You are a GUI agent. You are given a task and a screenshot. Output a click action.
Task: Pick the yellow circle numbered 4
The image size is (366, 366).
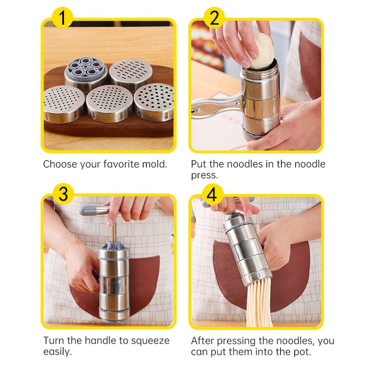[211, 194]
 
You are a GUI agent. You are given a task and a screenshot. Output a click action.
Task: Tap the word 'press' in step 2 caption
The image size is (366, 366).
[204, 175]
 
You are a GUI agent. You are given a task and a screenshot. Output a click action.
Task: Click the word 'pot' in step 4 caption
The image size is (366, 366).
[303, 352]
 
